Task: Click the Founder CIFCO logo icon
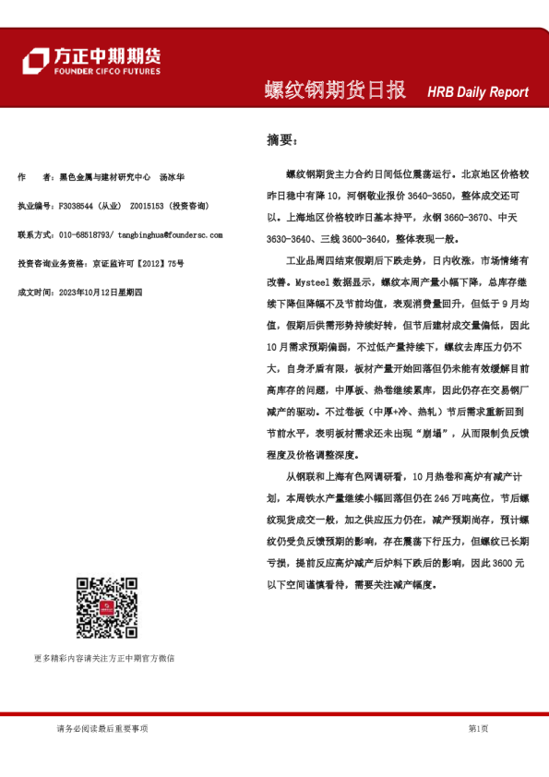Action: (35, 60)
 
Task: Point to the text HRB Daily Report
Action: (478, 92)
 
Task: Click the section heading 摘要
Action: (280, 139)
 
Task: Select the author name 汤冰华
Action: (173, 177)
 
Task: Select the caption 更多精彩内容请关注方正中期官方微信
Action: (103, 658)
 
